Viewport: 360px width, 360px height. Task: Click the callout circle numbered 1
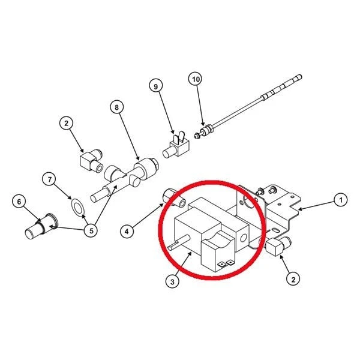click(341, 200)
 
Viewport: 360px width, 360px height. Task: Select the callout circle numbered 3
click(172, 281)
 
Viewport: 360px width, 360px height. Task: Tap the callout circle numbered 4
click(127, 232)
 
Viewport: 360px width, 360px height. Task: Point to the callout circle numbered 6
click(19, 202)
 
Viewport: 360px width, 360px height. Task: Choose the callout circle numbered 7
click(50, 179)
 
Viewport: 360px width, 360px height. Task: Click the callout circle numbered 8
click(116, 107)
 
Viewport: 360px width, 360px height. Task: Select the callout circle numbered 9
click(156, 86)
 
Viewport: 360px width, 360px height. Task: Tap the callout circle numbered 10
click(196, 79)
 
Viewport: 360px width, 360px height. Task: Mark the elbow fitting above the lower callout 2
click(278, 246)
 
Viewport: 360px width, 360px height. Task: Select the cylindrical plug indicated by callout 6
click(41, 227)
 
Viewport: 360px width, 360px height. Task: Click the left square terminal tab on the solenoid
click(221, 265)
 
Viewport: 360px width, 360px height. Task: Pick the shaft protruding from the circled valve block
click(178, 242)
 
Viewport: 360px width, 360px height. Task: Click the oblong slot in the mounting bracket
click(275, 229)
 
